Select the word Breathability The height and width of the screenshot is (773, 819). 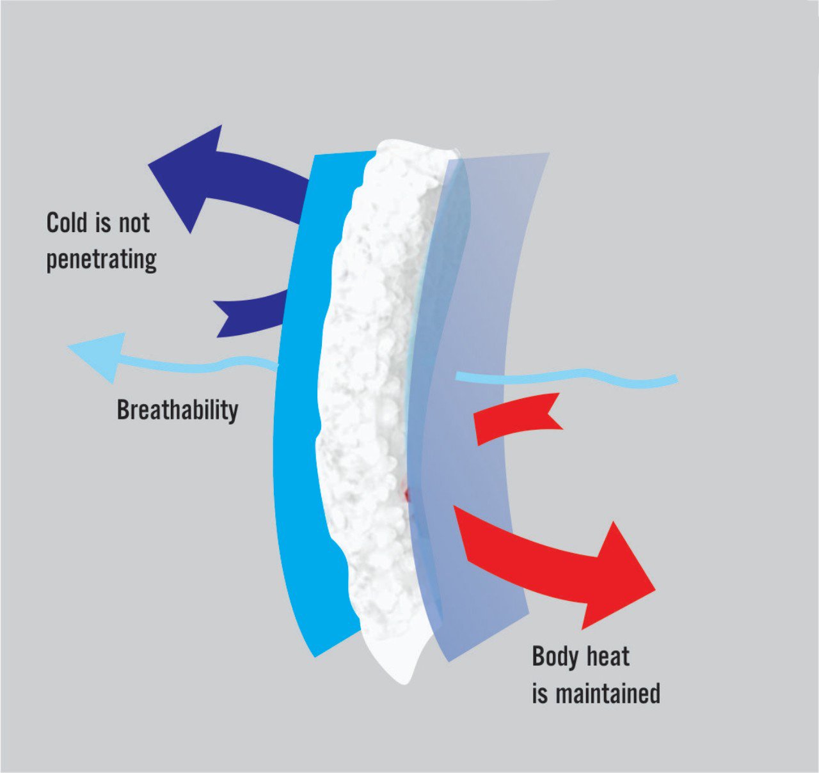[177, 410]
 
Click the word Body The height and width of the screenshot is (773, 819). [555, 657]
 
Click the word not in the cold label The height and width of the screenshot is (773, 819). [133, 223]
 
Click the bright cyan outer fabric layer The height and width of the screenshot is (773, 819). [301, 416]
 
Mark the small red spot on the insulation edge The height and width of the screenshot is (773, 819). [406, 494]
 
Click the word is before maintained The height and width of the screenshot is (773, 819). [539, 694]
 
